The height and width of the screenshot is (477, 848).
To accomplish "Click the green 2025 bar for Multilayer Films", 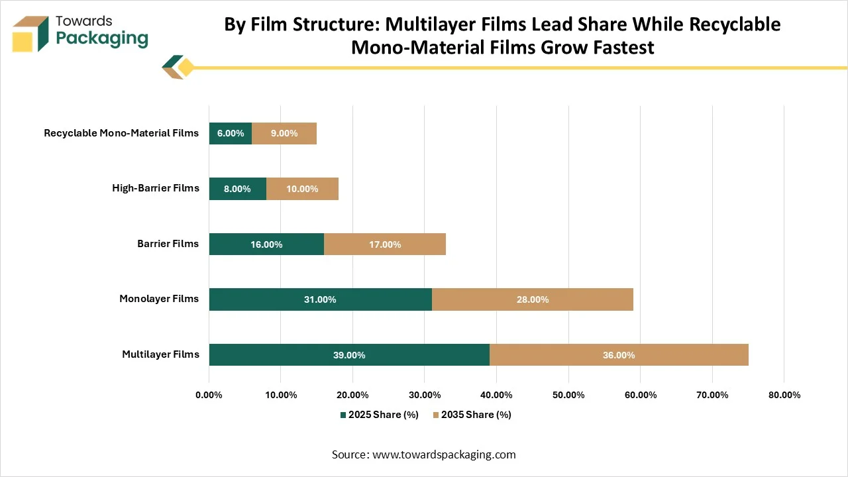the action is (x=349, y=354).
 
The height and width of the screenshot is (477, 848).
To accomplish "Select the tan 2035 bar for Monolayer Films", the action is (x=533, y=299).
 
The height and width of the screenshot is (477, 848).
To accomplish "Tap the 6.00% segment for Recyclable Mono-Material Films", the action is (x=231, y=133).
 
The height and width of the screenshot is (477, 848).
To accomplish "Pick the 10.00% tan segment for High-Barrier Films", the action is (x=302, y=189).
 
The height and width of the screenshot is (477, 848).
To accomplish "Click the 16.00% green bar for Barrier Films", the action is (x=266, y=244).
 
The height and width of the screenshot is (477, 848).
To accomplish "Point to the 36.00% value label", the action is (x=619, y=355).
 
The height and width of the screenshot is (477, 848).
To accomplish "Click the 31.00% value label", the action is (x=320, y=299).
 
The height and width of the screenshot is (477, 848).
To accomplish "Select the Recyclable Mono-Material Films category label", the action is (x=121, y=133).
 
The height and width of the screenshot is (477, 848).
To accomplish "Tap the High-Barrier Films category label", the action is (x=156, y=188).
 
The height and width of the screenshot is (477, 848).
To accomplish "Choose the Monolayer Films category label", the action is (x=159, y=299).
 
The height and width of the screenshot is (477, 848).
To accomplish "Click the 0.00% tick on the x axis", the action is (x=209, y=396).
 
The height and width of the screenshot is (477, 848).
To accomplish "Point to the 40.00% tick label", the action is (x=496, y=396).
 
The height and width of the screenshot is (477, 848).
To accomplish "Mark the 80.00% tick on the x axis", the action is (x=784, y=396).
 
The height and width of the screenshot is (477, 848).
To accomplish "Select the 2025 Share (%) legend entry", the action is (x=380, y=415).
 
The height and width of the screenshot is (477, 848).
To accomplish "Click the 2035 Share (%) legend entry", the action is (x=472, y=415).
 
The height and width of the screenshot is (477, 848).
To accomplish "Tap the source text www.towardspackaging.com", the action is (x=444, y=454).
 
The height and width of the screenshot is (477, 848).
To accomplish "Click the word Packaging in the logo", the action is (x=102, y=39).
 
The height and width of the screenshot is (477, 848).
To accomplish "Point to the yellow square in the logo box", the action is (x=23, y=42).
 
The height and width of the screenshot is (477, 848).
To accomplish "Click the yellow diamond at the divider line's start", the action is (x=186, y=68).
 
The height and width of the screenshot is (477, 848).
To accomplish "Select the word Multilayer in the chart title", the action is (x=431, y=25).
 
